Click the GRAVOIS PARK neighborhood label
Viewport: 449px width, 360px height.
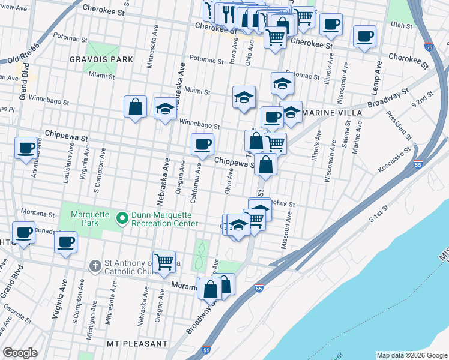coord(101,59)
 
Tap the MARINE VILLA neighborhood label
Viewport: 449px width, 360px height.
coord(333,113)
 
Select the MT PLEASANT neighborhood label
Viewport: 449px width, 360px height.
coord(137,344)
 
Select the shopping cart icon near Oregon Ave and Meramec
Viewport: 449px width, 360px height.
coord(164,262)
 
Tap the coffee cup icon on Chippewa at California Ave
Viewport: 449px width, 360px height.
coord(202,144)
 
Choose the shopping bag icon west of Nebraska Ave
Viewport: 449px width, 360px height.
coord(136,107)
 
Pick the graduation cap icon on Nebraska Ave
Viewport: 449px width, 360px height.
coord(164,109)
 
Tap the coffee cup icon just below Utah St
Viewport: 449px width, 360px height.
coord(364,36)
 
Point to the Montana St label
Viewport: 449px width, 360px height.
coord(33,212)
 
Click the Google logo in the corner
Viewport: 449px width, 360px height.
coord(20,352)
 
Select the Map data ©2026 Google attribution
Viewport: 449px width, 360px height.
coord(411,355)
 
